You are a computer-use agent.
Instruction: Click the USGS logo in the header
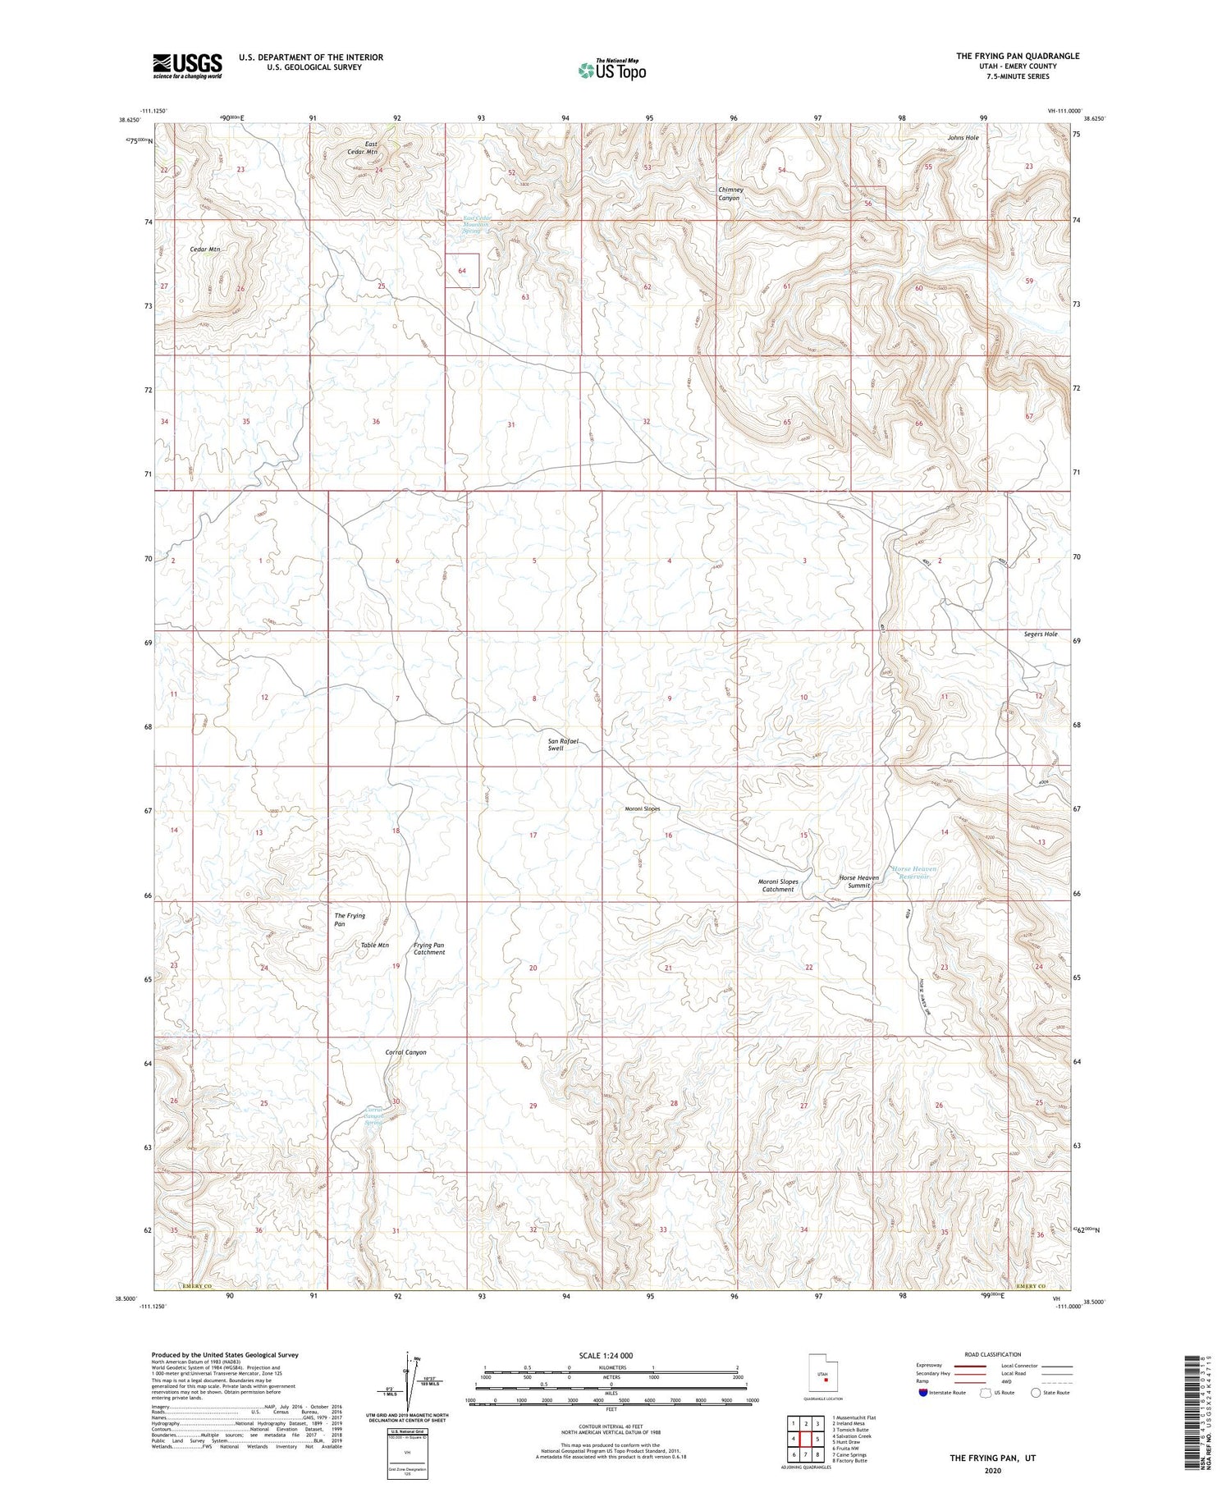tap(187, 66)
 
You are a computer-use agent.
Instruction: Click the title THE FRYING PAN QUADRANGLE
tap(1017, 56)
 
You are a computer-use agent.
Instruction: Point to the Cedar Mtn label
tap(205, 249)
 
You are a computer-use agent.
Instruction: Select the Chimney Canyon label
tap(730, 194)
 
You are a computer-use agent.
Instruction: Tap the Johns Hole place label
tap(963, 138)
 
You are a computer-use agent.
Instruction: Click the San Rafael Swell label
tap(563, 744)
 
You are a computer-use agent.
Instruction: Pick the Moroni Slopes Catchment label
tap(778, 885)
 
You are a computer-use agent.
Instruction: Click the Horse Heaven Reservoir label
tap(913, 872)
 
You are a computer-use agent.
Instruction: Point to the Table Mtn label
tap(375, 945)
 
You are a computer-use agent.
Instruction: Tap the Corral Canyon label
tap(405, 1052)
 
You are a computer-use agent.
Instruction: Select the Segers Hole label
tap(1040, 634)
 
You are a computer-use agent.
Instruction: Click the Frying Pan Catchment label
tap(429, 949)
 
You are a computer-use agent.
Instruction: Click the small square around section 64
tap(462, 270)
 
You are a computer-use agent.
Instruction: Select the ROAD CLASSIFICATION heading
tap(993, 1355)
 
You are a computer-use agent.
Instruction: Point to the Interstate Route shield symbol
tap(922, 1393)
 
